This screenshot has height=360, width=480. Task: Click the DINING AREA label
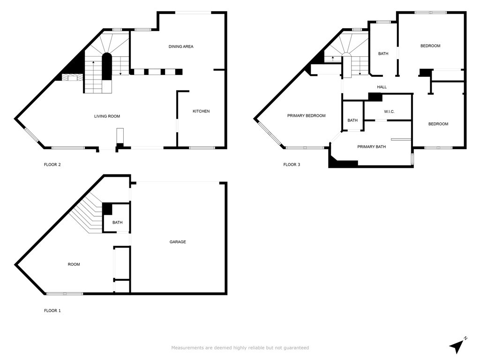181,46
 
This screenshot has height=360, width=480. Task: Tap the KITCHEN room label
201,111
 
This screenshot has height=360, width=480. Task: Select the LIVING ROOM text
107,116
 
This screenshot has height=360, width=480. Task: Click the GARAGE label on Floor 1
178,242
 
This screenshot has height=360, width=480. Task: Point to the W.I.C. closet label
389,112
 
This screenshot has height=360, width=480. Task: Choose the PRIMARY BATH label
371,147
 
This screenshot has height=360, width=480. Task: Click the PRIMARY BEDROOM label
306,116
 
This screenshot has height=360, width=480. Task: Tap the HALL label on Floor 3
382,87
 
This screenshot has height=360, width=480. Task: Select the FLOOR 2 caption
52,165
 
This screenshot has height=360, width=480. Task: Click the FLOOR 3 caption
292,165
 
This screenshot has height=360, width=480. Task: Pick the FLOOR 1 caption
52,310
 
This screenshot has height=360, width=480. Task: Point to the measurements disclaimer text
240,348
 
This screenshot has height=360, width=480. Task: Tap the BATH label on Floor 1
117,223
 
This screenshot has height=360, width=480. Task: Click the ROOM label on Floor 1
74,264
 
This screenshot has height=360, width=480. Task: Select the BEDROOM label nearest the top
430,46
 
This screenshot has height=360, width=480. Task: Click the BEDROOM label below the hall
438,124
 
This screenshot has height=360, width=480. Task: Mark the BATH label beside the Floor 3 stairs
383,54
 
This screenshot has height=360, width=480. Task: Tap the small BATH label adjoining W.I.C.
352,120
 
